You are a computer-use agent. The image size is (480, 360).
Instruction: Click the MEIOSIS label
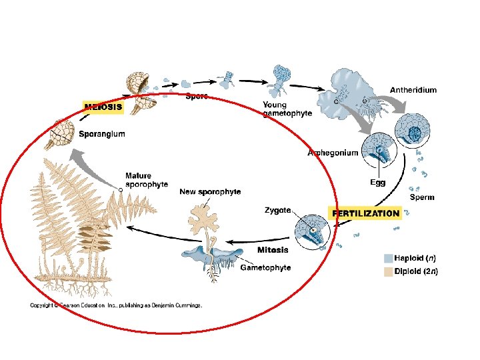pos(103,106)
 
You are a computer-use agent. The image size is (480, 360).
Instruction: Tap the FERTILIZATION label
pos(366,213)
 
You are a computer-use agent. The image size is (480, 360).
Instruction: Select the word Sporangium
pos(101,134)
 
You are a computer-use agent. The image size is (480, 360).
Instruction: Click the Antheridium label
pos(413,90)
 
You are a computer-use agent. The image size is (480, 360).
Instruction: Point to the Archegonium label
pos(332,153)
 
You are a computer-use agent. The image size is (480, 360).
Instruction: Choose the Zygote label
pos(277,210)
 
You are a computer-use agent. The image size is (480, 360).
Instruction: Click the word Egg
pos(377,182)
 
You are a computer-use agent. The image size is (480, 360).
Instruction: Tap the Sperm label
pos(422,197)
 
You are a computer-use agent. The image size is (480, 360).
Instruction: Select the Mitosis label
pos(273,250)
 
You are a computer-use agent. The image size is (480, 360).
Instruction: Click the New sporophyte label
pos(210,192)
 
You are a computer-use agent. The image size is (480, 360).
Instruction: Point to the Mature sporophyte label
pos(146,180)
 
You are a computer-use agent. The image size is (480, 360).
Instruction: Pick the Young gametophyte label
pos(287,109)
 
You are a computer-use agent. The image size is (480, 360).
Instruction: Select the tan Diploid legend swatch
pos(388,271)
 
